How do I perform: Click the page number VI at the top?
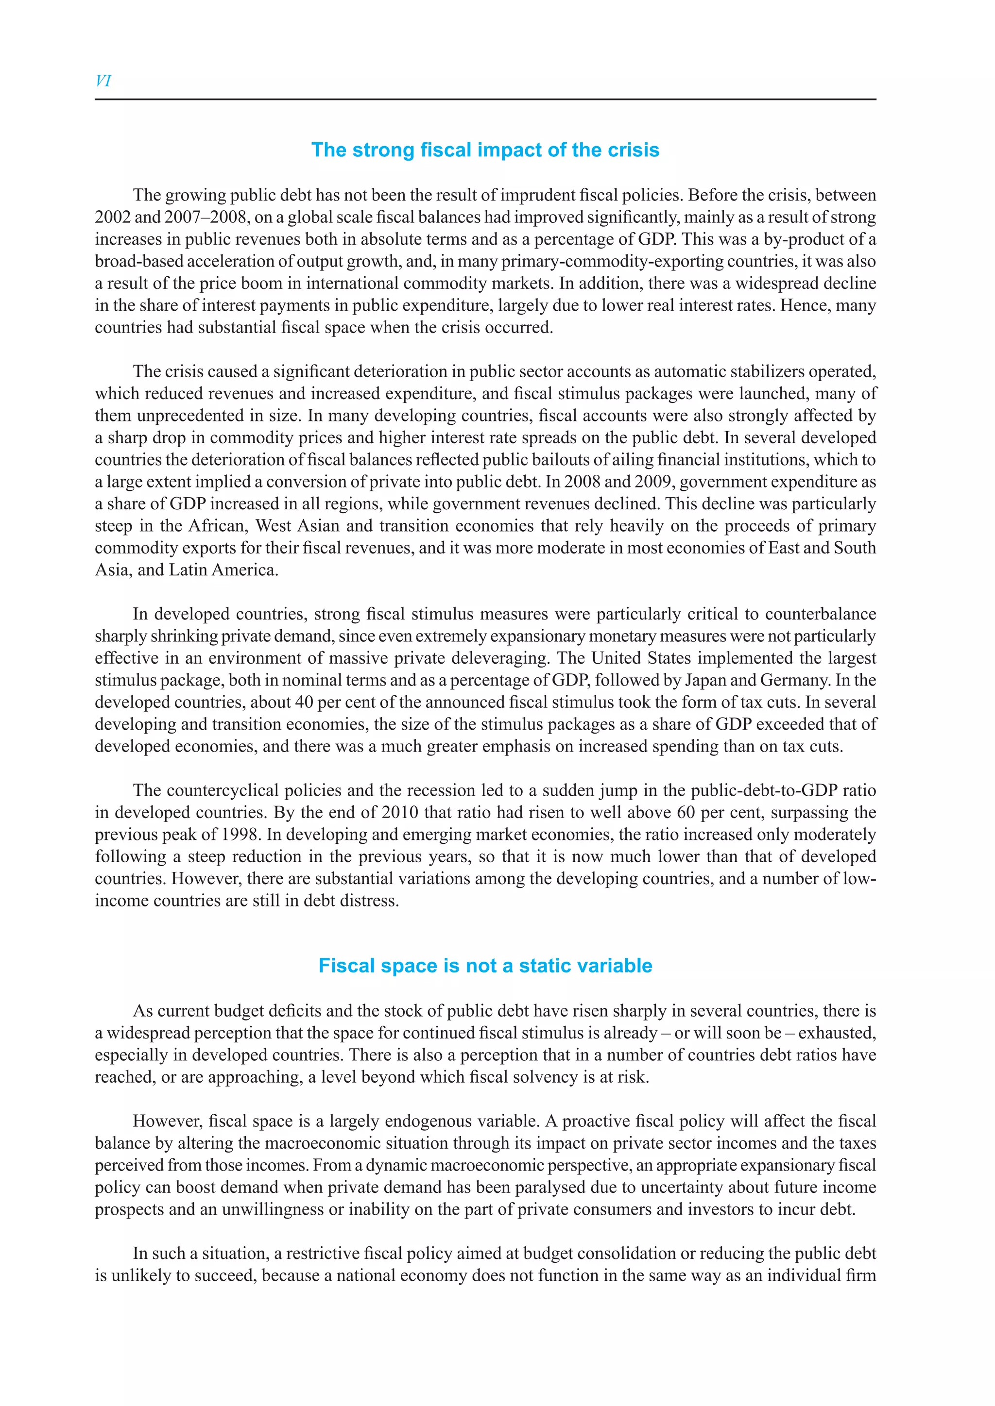pyautogui.click(x=103, y=81)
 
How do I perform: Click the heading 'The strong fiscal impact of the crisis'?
pyautogui.click(x=485, y=150)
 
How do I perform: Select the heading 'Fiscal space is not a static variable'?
pyautogui.click(x=485, y=966)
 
